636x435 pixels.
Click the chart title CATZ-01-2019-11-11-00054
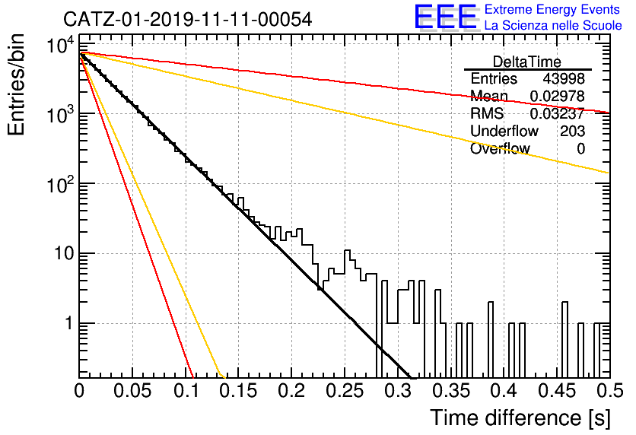188,19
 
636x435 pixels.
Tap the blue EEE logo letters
446,17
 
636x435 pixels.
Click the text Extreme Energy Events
552,9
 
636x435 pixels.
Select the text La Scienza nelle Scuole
553,26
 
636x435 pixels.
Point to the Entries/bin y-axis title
16,84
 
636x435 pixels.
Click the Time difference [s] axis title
520,418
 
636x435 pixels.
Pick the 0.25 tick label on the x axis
345,391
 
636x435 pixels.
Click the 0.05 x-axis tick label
132,391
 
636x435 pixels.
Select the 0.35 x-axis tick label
451,391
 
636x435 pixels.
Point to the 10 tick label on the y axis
64,254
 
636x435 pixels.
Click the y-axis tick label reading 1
69,323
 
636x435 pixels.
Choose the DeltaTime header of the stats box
527,62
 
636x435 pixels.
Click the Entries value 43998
564,78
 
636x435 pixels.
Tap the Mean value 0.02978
558,96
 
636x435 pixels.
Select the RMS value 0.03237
558,113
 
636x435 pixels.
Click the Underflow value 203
572,131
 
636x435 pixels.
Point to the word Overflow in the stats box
500,148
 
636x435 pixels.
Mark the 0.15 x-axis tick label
239,391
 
